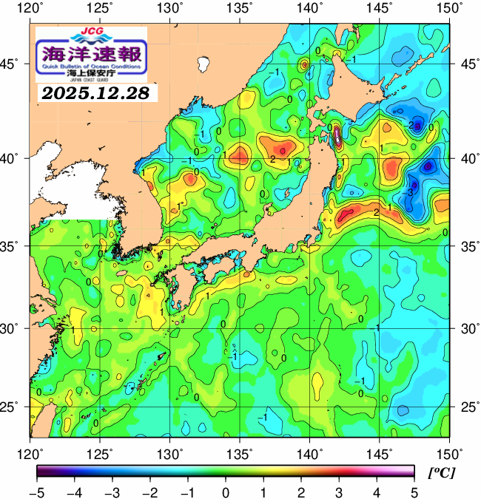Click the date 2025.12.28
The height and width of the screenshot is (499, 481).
click(x=95, y=94)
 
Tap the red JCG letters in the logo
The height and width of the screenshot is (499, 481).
click(x=91, y=32)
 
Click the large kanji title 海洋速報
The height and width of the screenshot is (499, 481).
click(x=92, y=54)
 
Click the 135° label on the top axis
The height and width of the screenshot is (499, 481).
click(x=241, y=8)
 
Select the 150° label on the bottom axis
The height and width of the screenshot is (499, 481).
click(x=450, y=452)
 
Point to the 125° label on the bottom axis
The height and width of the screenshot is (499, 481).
click(x=101, y=452)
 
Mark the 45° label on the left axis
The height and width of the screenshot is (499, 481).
click(x=15, y=64)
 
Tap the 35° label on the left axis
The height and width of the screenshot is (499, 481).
click(x=15, y=245)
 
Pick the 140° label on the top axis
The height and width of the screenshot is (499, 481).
click(x=311, y=8)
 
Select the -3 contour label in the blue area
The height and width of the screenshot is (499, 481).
click(x=410, y=192)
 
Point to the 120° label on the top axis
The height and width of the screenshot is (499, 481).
click(x=32, y=8)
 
